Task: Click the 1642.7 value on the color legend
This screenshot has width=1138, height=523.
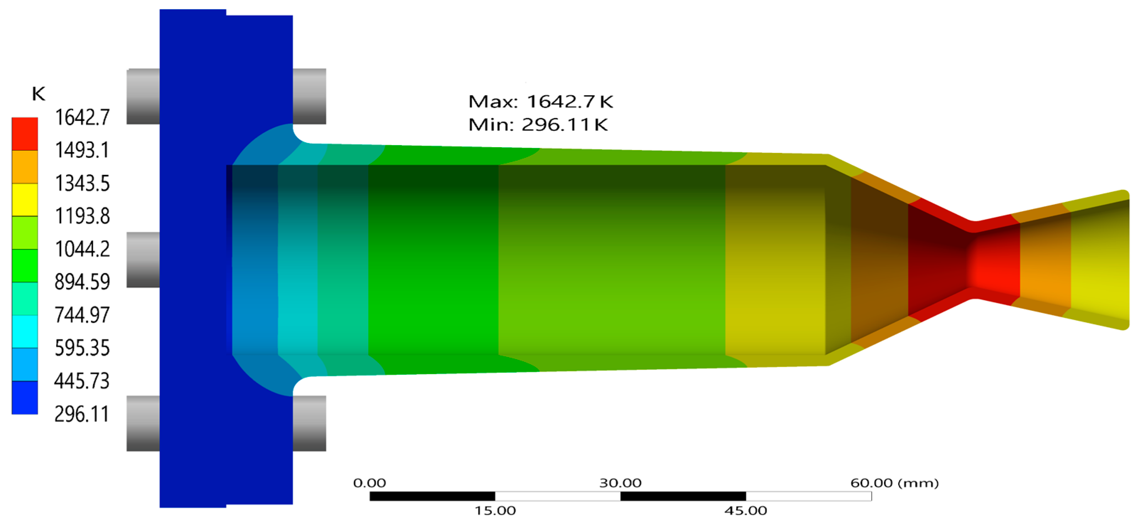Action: pyautogui.click(x=82, y=118)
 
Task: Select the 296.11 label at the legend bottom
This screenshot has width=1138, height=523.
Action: pyautogui.click(x=81, y=414)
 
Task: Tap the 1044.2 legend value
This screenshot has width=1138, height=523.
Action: pyautogui.click(x=82, y=249)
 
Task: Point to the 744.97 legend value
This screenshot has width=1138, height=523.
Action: pyautogui.click(x=82, y=315)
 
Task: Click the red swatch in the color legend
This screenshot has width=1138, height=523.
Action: pyautogui.click(x=25, y=134)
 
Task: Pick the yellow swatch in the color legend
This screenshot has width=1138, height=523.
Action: pyautogui.click(x=25, y=199)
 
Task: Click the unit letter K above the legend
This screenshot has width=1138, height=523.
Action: pyautogui.click(x=38, y=94)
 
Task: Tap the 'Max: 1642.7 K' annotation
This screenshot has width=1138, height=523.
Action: pyautogui.click(x=540, y=102)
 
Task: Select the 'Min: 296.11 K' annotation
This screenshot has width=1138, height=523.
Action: pyautogui.click(x=538, y=125)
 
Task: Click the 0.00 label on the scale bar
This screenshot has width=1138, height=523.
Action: pyautogui.click(x=369, y=483)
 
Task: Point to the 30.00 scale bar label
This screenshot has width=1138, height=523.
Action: pyautogui.click(x=620, y=483)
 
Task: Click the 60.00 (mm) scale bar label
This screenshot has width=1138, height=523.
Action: pyautogui.click(x=894, y=483)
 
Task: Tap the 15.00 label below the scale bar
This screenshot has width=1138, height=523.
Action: pyautogui.click(x=495, y=511)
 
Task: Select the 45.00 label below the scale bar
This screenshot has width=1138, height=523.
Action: pyautogui.click(x=746, y=511)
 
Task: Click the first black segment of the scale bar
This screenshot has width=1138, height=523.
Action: pyautogui.click(x=432, y=496)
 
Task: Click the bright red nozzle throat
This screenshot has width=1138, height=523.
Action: pyautogui.click(x=994, y=265)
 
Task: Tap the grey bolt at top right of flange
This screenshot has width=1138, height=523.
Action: pyautogui.click(x=309, y=96)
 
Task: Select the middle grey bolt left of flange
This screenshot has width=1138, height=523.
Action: pyautogui.click(x=143, y=260)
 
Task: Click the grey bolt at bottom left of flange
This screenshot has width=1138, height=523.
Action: pyautogui.click(x=143, y=423)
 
